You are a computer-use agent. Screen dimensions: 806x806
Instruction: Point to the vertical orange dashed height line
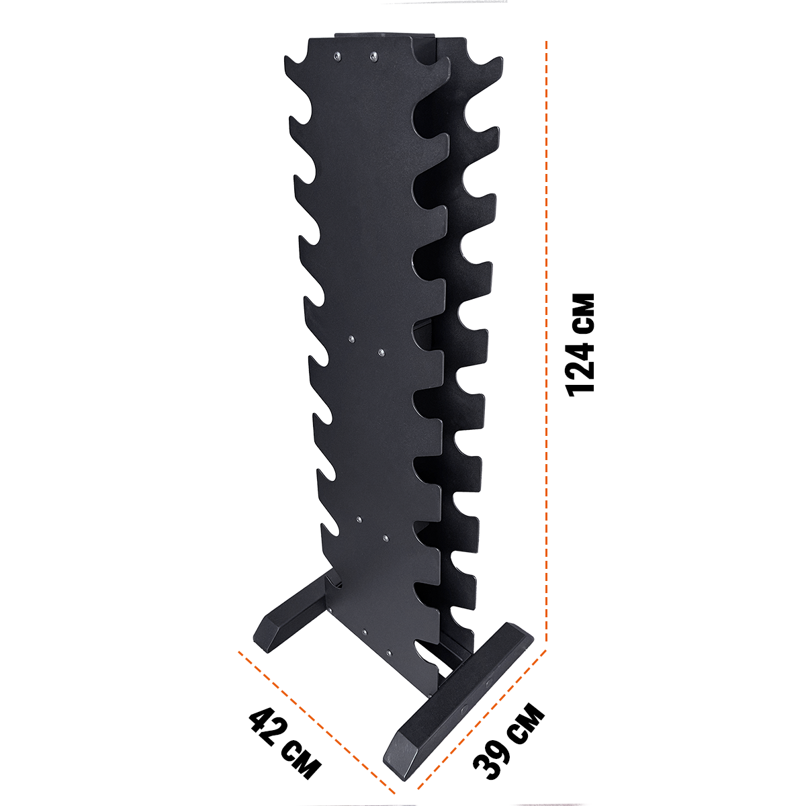tap(546, 345)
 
